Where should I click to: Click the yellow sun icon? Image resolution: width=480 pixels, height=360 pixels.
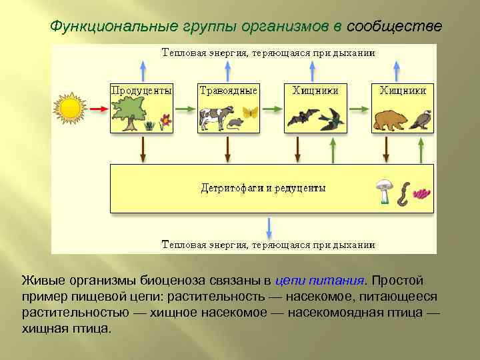tap(70, 108)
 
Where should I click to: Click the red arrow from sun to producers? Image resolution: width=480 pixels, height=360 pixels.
tap(99, 108)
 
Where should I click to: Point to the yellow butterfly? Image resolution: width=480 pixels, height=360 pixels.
tap(251, 112)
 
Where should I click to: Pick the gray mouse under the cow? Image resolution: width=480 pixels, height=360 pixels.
tap(235, 123)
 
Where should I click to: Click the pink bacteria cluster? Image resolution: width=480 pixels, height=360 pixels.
tap(422, 193)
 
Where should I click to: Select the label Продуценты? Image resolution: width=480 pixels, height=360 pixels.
tap(141, 89)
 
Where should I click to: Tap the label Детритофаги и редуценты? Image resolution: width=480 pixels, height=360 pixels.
tap(263, 188)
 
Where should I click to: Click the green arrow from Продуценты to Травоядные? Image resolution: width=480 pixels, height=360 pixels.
tap(184, 108)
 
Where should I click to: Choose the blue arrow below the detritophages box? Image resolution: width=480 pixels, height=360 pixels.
tap(269, 227)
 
